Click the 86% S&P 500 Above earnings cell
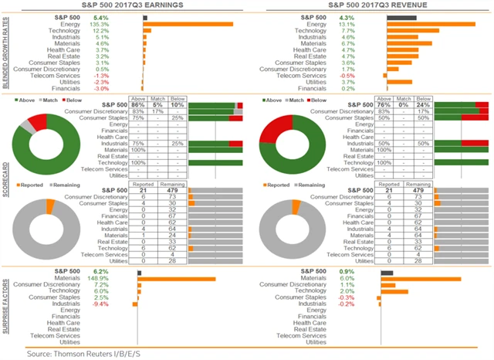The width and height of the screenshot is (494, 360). click(138, 104)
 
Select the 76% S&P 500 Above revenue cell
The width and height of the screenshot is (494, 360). click(384, 104)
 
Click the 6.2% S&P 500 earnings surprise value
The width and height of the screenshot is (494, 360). click(101, 272)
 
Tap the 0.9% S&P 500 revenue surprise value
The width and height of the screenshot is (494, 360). click(347, 272)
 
